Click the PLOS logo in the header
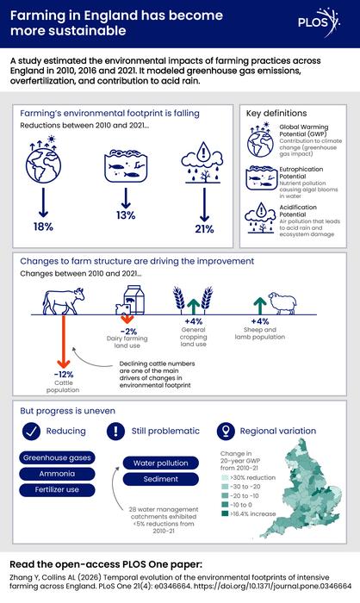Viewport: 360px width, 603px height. [319, 22]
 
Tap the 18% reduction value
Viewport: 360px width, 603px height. [43, 227]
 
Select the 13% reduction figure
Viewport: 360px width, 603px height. [126, 215]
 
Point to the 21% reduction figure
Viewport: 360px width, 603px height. [204, 229]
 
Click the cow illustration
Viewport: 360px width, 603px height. [64, 301]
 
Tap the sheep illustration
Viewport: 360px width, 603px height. [282, 302]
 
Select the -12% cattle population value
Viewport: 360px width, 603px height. [64, 374]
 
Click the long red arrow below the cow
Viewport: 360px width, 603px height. [64, 341]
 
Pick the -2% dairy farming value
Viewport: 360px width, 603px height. [128, 332]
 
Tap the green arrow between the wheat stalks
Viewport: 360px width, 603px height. [194, 307]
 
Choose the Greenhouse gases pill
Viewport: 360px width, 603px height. [57, 457]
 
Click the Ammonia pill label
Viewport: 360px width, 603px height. [57, 474]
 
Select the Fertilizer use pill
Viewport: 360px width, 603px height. [57, 490]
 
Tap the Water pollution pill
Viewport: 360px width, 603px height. [161, 463]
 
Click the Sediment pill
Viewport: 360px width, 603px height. [161, 479]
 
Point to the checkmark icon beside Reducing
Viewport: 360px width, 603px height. [32, 431]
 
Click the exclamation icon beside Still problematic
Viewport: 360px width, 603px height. [115, 431]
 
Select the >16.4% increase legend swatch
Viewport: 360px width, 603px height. [225, 513]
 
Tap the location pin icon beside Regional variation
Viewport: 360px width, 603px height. [226, 431]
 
